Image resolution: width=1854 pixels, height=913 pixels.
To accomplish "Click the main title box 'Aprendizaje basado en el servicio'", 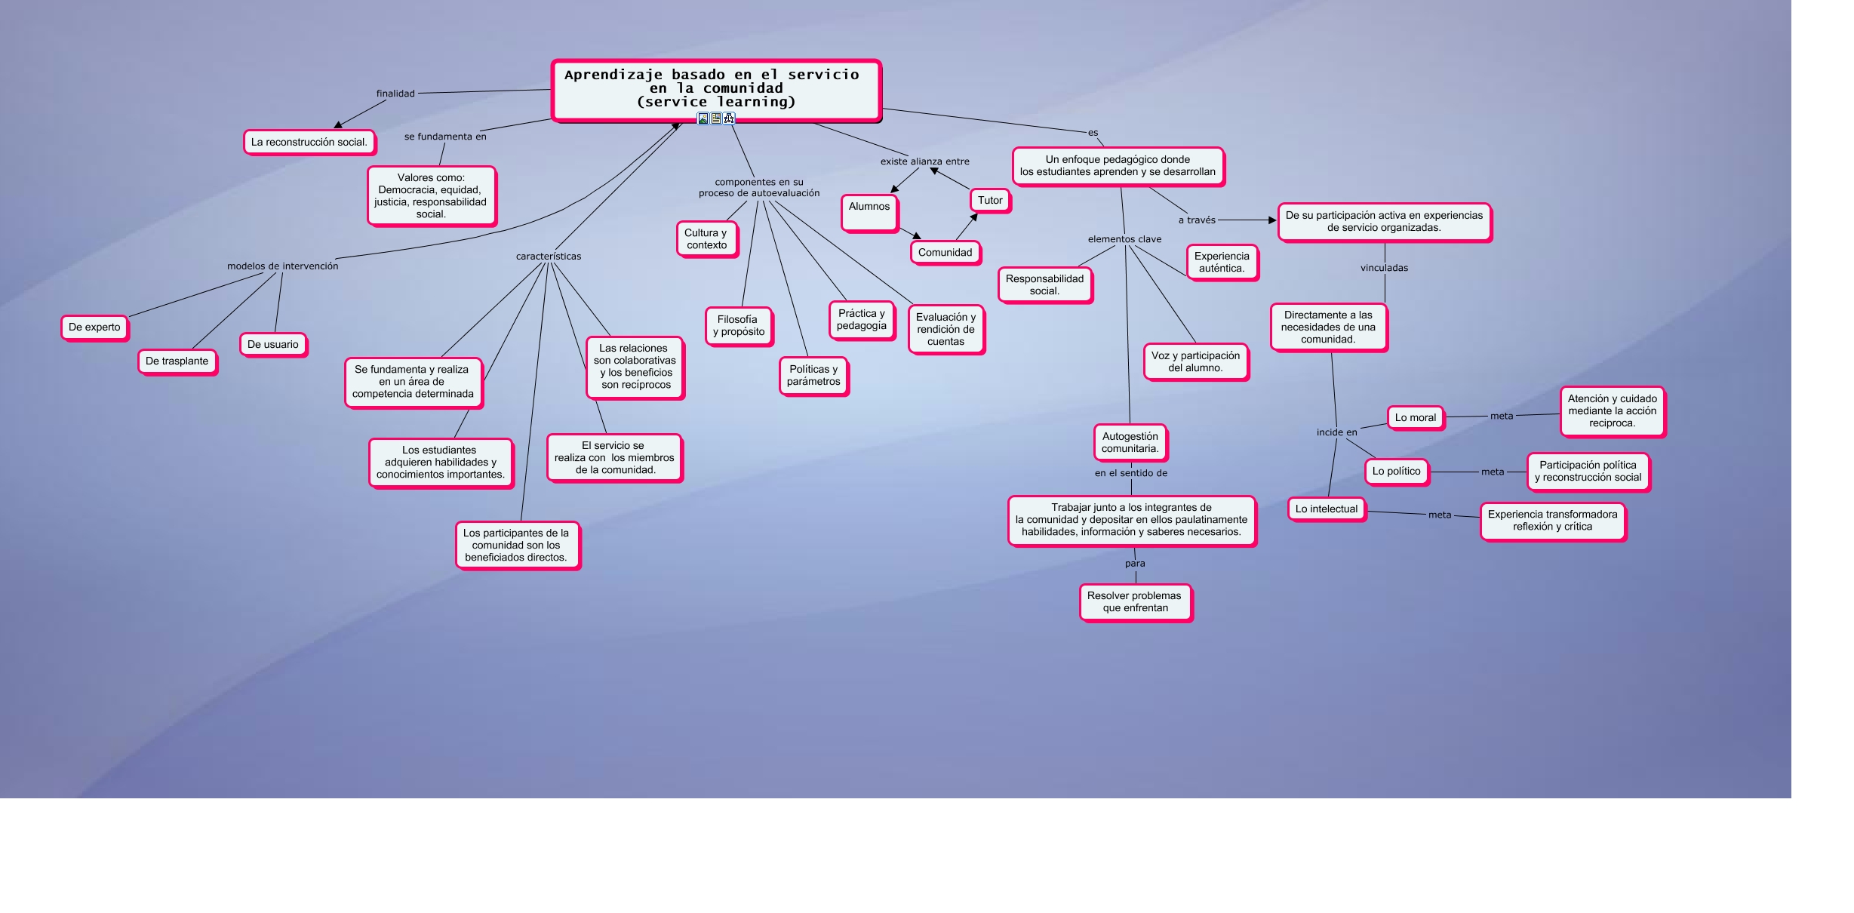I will point(715,89).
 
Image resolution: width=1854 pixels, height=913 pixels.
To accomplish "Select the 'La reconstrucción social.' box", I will point(309,142).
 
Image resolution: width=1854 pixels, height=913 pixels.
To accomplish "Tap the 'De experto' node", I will point(94,327).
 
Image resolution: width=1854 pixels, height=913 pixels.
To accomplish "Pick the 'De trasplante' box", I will point(177,361).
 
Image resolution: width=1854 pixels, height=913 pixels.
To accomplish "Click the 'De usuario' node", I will point(273,345).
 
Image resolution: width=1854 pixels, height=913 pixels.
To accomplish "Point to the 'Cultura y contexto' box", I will point(706,239).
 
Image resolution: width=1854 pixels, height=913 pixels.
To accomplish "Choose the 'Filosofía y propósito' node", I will point(739,326).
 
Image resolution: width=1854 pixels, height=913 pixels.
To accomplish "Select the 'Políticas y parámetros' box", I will point(813,376).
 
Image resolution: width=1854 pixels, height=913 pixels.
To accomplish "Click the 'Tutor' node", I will point(990,201).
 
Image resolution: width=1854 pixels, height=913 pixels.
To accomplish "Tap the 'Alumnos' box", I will point(869,212).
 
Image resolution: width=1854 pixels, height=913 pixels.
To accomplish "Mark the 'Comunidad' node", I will point(945,253).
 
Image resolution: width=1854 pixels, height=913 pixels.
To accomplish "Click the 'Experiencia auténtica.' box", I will point(1222,263).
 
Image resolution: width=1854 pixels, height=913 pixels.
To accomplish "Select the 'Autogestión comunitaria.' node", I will point(1130,443).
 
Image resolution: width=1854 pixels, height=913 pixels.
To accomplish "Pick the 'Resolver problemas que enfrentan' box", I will point(1135,602).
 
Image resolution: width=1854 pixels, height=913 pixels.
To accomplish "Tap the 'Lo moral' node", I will point(1415,418).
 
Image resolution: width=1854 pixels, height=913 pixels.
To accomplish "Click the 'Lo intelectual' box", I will point(1326,509).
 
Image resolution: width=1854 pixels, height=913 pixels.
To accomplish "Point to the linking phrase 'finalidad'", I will point(395,94).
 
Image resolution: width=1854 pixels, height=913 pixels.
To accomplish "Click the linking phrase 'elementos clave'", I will point(1124,239).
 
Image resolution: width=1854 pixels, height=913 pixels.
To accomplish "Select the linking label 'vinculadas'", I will point(1384,268).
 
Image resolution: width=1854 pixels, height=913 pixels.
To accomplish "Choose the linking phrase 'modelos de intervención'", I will point(283,266).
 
